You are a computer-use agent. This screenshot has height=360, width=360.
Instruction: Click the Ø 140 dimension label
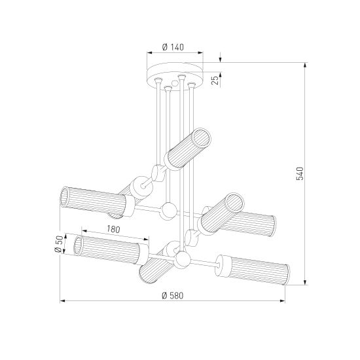click(x=173, y=47)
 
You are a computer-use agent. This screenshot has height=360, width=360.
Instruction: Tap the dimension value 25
click(x=215, y=80)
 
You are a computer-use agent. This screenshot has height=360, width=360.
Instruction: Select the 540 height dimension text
click(x=300, y=173)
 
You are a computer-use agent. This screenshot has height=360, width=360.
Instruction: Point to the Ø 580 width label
click(x=173, y=295)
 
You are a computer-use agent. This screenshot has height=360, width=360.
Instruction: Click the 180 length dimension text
click(x=113, y=229)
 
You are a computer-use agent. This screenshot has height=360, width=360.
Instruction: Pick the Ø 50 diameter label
click(x=59, y=244)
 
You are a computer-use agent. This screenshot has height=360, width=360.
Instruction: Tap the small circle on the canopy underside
click(x=175, y=83)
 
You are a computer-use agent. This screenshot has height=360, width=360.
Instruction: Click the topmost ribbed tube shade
click(x=188, y=149)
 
